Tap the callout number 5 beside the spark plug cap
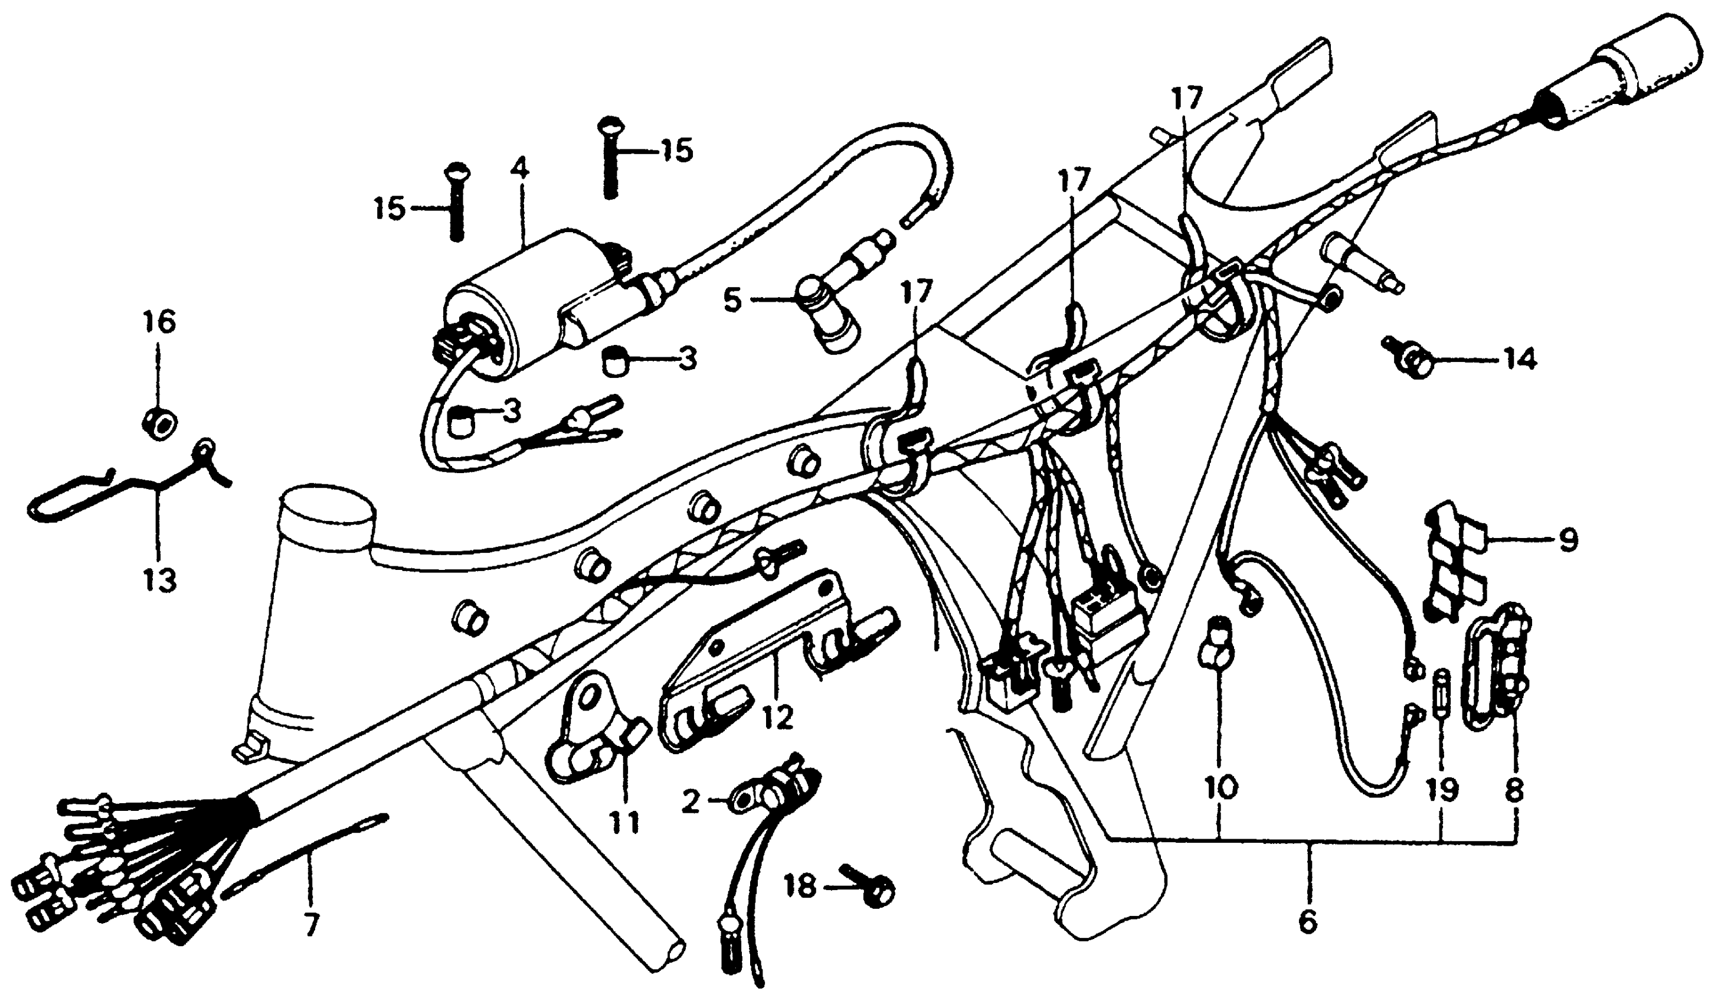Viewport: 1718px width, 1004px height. pyautogui.click(x=732, y=299)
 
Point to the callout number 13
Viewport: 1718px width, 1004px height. pyautogui.click(x=159, y=581)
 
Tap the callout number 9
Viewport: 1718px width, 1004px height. pyautogui.click(x=1568, y=541)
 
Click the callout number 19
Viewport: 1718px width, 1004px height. pyautogui.click(x=1442, y=791)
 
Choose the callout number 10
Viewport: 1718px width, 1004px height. pyautogui.click(x=1220, y=789)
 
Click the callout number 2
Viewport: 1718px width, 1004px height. pyautogui.click(x=691, y=803)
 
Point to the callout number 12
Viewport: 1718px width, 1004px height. pyautogui.click(x=778, y=717)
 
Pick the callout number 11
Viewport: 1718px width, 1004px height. pyautogui.click(x=625, y=823)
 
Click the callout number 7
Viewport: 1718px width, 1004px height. pyautogui.click(x=310, y=926)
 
